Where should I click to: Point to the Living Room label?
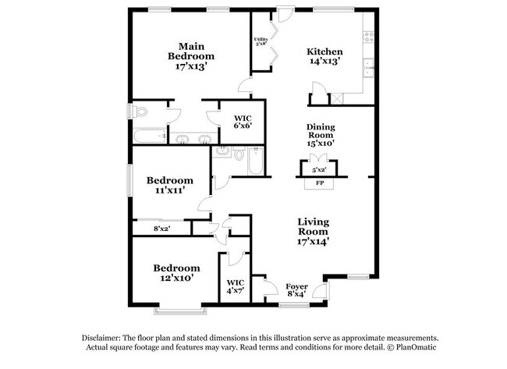(x=313, y=232)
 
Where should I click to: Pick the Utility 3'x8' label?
(x=260, y=41)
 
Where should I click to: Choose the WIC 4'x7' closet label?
(x=235, y=286)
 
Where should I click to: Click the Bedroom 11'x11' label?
(x=170, y=185)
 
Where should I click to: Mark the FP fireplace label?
(x=319, y=184)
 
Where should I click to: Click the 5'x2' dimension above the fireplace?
(x=319, y=169)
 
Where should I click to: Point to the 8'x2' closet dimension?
(x=161, y=229)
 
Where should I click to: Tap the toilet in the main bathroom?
(x=140, y=112)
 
